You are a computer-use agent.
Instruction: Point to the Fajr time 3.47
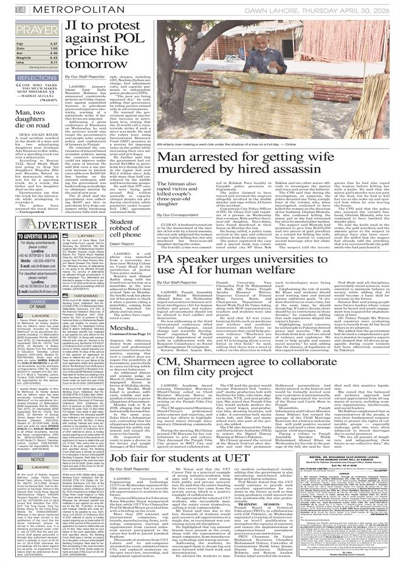53,44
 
